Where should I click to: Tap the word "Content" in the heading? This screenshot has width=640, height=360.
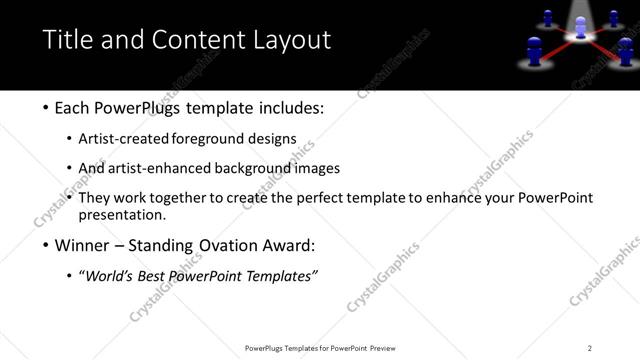coord(189,40)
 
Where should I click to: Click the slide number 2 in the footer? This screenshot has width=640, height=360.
coord(590,348)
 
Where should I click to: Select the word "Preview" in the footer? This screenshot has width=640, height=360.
coord(389,348)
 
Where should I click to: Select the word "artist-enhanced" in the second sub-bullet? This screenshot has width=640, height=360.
coord(161,169)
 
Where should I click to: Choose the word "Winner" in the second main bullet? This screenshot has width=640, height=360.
coord(85,245)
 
